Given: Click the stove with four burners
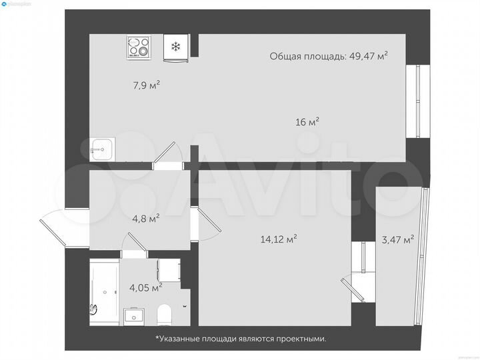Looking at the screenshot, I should pos(139,47).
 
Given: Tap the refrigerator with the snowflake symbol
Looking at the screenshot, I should pos(176,47).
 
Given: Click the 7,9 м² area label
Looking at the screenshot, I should pos(147,85).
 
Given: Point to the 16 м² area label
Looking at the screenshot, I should pos(307,121).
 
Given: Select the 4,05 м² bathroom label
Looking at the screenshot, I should pos(145,287).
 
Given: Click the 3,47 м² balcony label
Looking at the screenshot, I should pos(397,239).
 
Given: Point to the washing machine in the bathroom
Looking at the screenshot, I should pos(169,269).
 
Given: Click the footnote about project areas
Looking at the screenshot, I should pos(241,339).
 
